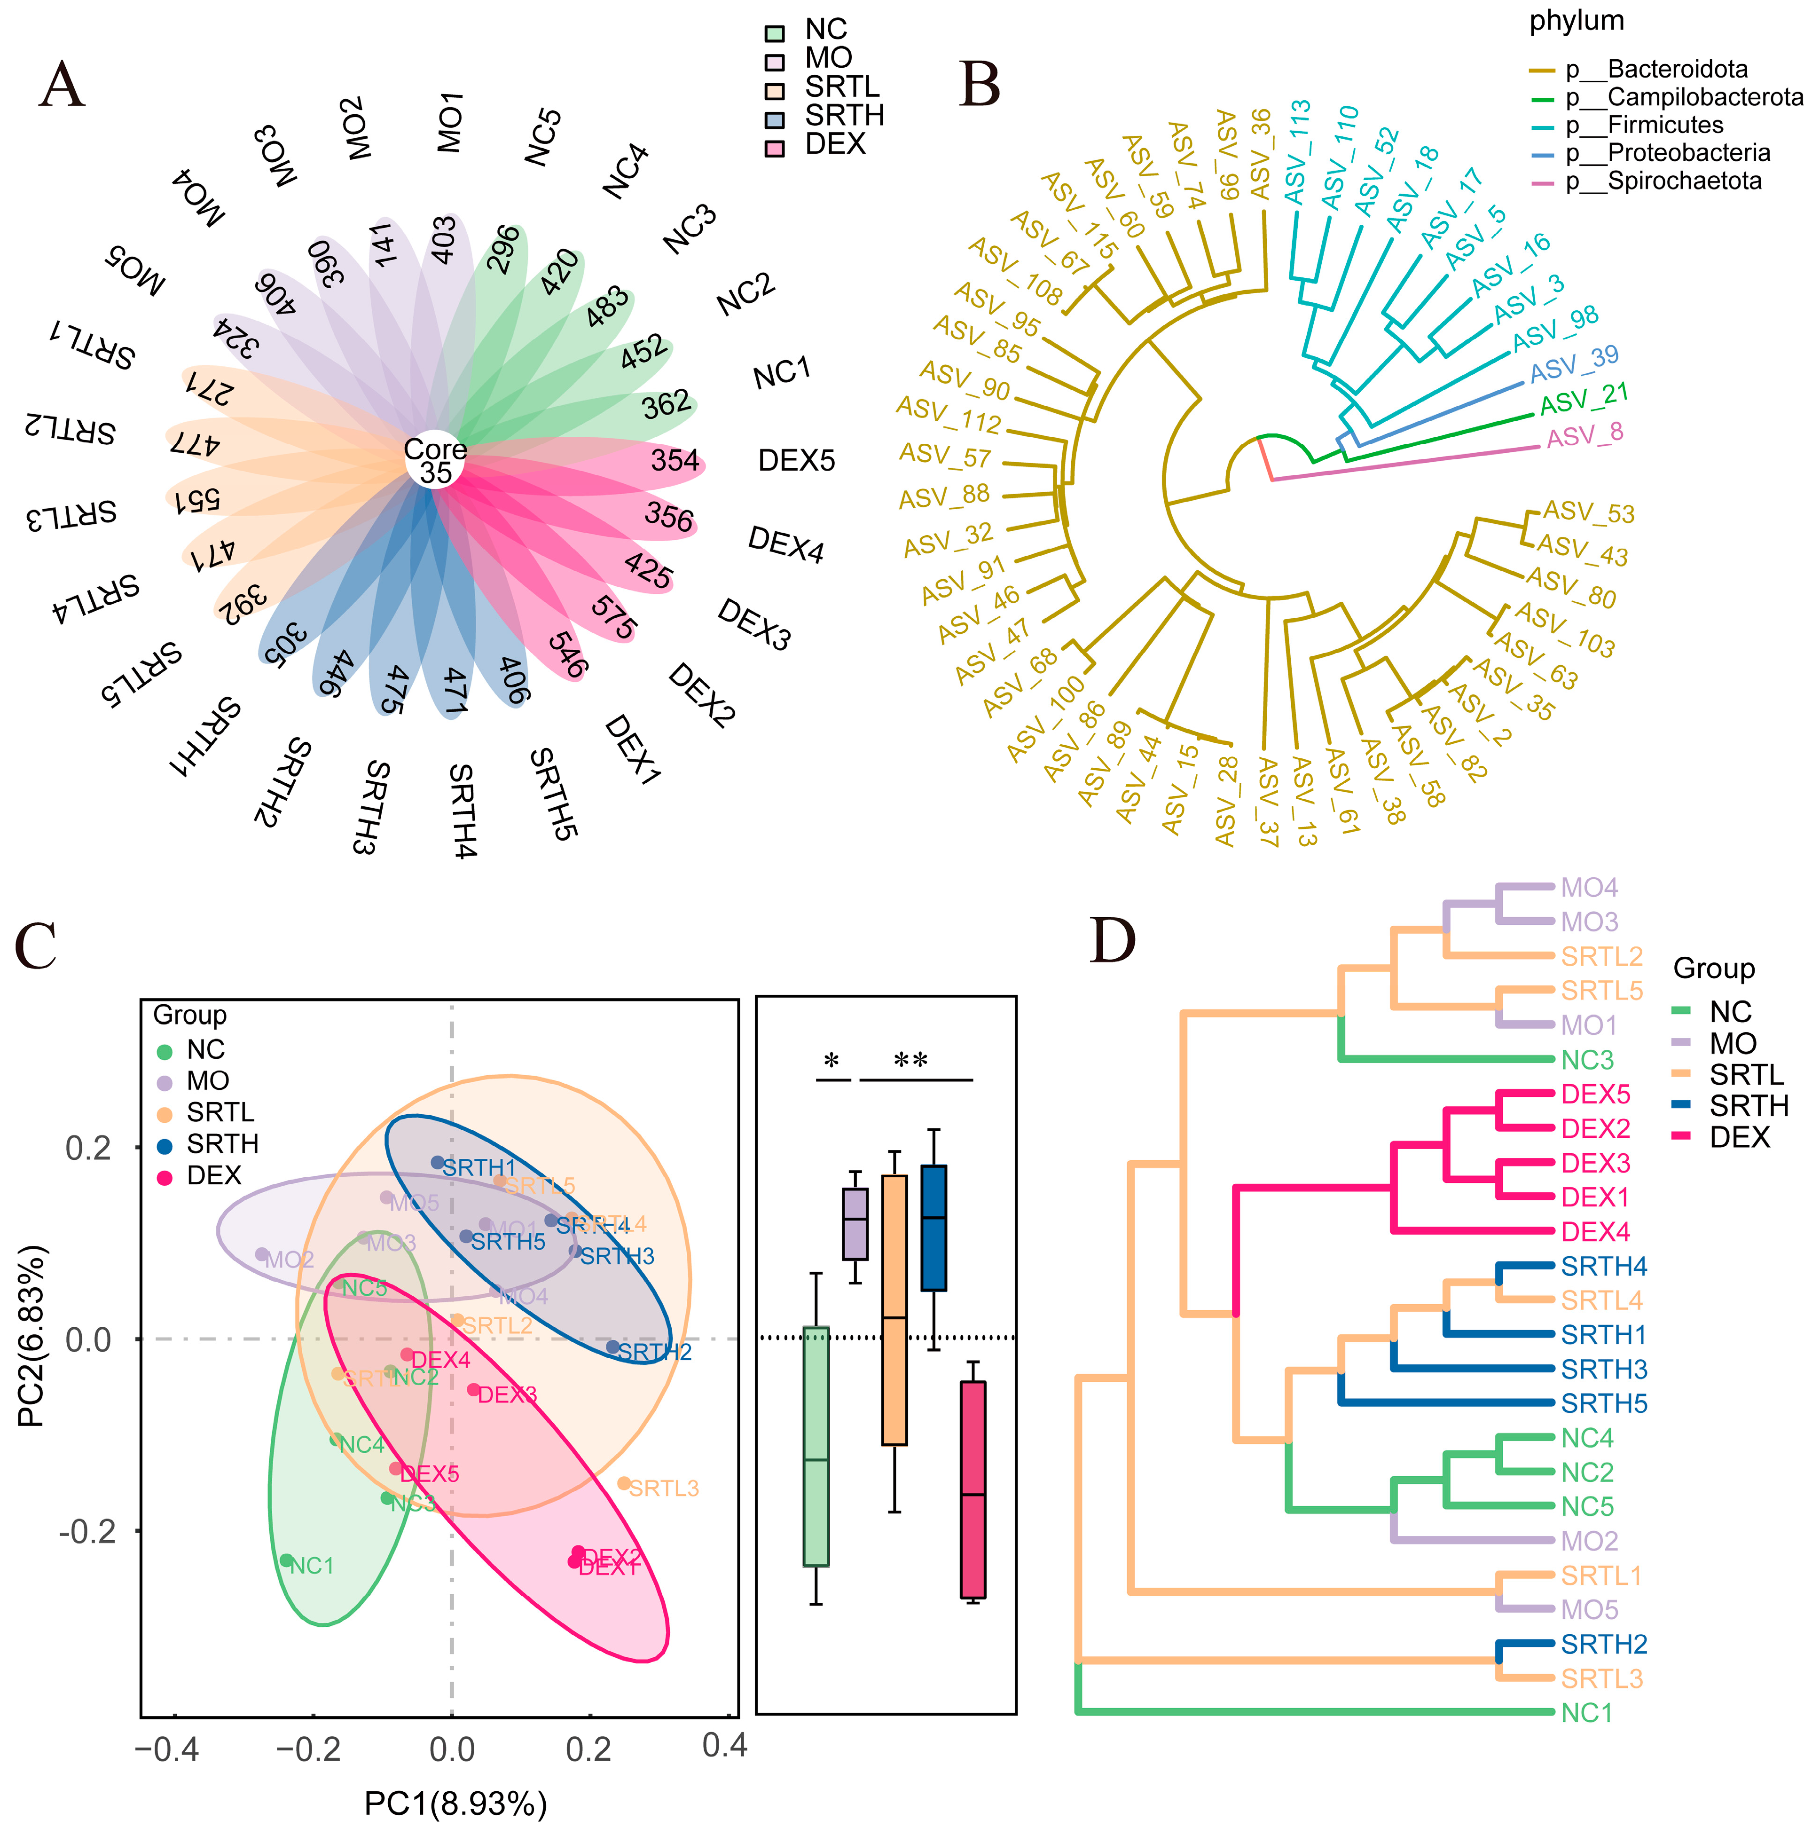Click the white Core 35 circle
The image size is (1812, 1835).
pyautogui.click(x=435, y=461)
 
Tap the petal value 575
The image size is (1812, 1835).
pyautogui.click(x=613, y=617)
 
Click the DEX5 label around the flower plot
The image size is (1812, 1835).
pyautogui.click(x=796, y=461)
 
